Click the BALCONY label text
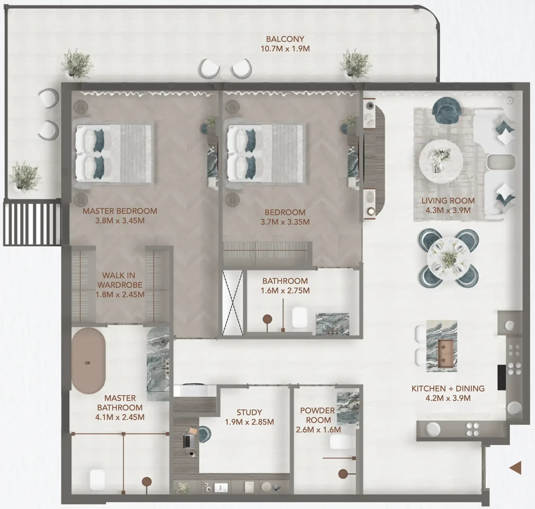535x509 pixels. (x=285, y=39)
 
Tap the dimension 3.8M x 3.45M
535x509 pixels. (x=120, y=221)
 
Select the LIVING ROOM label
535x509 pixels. (x=448, y=201)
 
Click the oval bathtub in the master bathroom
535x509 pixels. (x=89, y=361)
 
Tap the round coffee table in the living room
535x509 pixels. (x=441, y=161)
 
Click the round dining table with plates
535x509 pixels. (x=448, y=259)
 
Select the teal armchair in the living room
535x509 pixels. (x=446, y=110)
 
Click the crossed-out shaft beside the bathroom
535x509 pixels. (x=232, y=303)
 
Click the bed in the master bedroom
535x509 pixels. (x=114, y=153)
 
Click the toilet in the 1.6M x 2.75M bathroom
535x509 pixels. (x=300, y=317)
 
